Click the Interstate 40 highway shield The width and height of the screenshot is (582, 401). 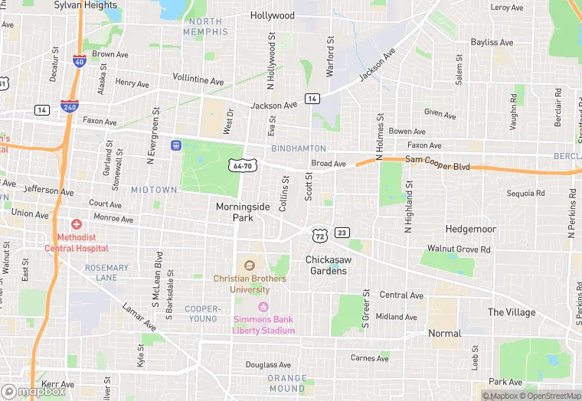click(79, 61)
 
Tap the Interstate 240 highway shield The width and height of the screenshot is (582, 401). click(68, 108)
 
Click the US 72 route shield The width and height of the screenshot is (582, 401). click(319, 232)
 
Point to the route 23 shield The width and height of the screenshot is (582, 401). click(342, 233)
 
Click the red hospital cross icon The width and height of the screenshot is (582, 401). click(77, 225)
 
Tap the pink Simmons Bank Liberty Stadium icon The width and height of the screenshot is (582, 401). click(263, 308)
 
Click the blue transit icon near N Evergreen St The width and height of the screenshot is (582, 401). click(175, 144)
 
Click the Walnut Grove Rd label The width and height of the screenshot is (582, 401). click(459, 249)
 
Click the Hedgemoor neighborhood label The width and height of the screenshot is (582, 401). click(471, 229)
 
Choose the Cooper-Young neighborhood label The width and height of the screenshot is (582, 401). click(203, 314)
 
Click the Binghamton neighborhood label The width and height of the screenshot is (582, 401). click(298, 148)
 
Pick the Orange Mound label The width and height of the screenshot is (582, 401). click(286, 383)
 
